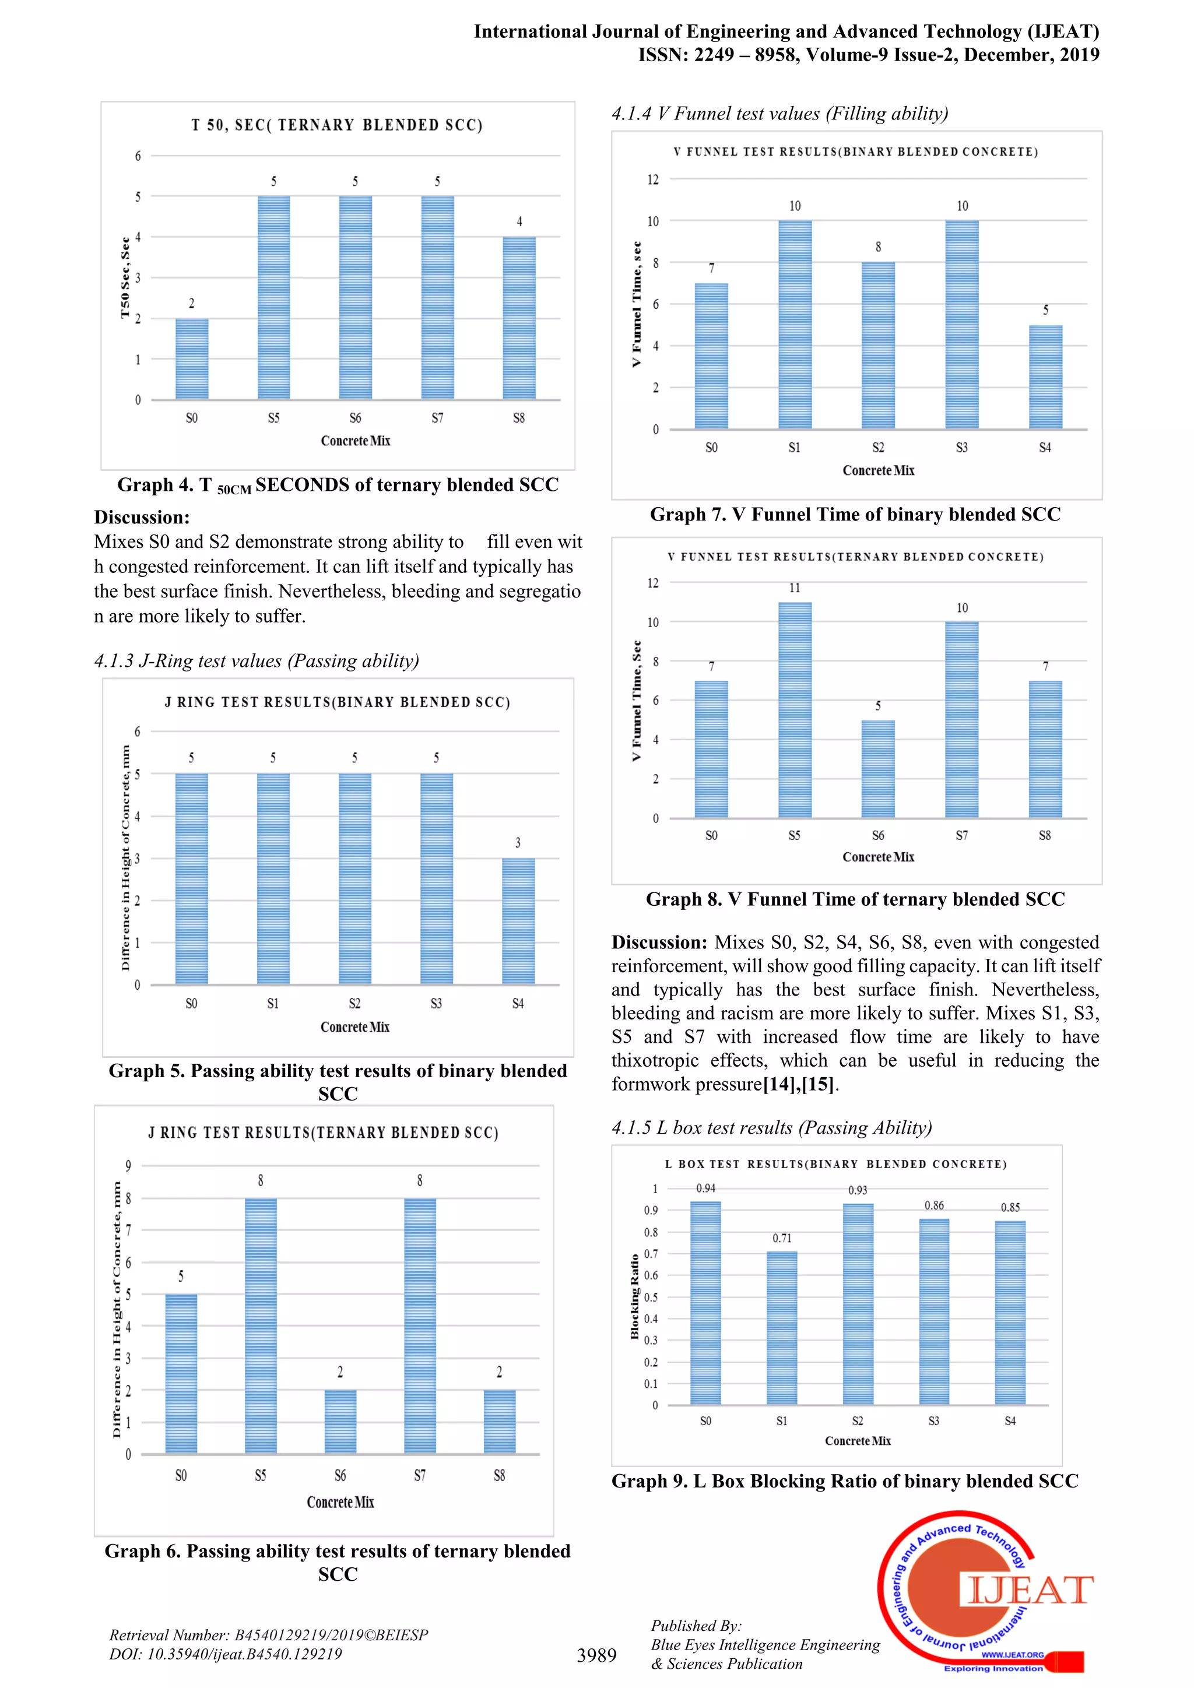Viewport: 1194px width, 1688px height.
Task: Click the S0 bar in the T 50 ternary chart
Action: pos(192,359)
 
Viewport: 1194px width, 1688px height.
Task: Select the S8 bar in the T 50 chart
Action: pos(519,318)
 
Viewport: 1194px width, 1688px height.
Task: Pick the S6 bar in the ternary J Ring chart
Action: pos(340,1421)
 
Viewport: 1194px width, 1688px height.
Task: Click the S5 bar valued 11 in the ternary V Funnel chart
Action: pos(795,709)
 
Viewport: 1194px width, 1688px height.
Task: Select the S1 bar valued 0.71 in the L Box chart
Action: pos(782,1328)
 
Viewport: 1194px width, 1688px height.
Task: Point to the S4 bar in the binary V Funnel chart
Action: pos(1045,377)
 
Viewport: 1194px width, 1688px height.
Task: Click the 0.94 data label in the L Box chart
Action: pos(706,1188)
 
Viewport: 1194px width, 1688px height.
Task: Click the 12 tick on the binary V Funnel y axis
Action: pos(653,180)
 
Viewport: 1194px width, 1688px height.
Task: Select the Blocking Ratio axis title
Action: pos(634,1296)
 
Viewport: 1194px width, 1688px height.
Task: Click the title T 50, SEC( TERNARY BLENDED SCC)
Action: pos(337,125)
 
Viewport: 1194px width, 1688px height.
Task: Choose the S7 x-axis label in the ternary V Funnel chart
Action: pos(961,835)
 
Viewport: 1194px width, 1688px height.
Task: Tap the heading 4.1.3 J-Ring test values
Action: pos(257,661)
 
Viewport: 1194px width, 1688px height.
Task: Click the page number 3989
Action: pos(596,1655)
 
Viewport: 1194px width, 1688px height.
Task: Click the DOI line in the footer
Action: pos(226,1654)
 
